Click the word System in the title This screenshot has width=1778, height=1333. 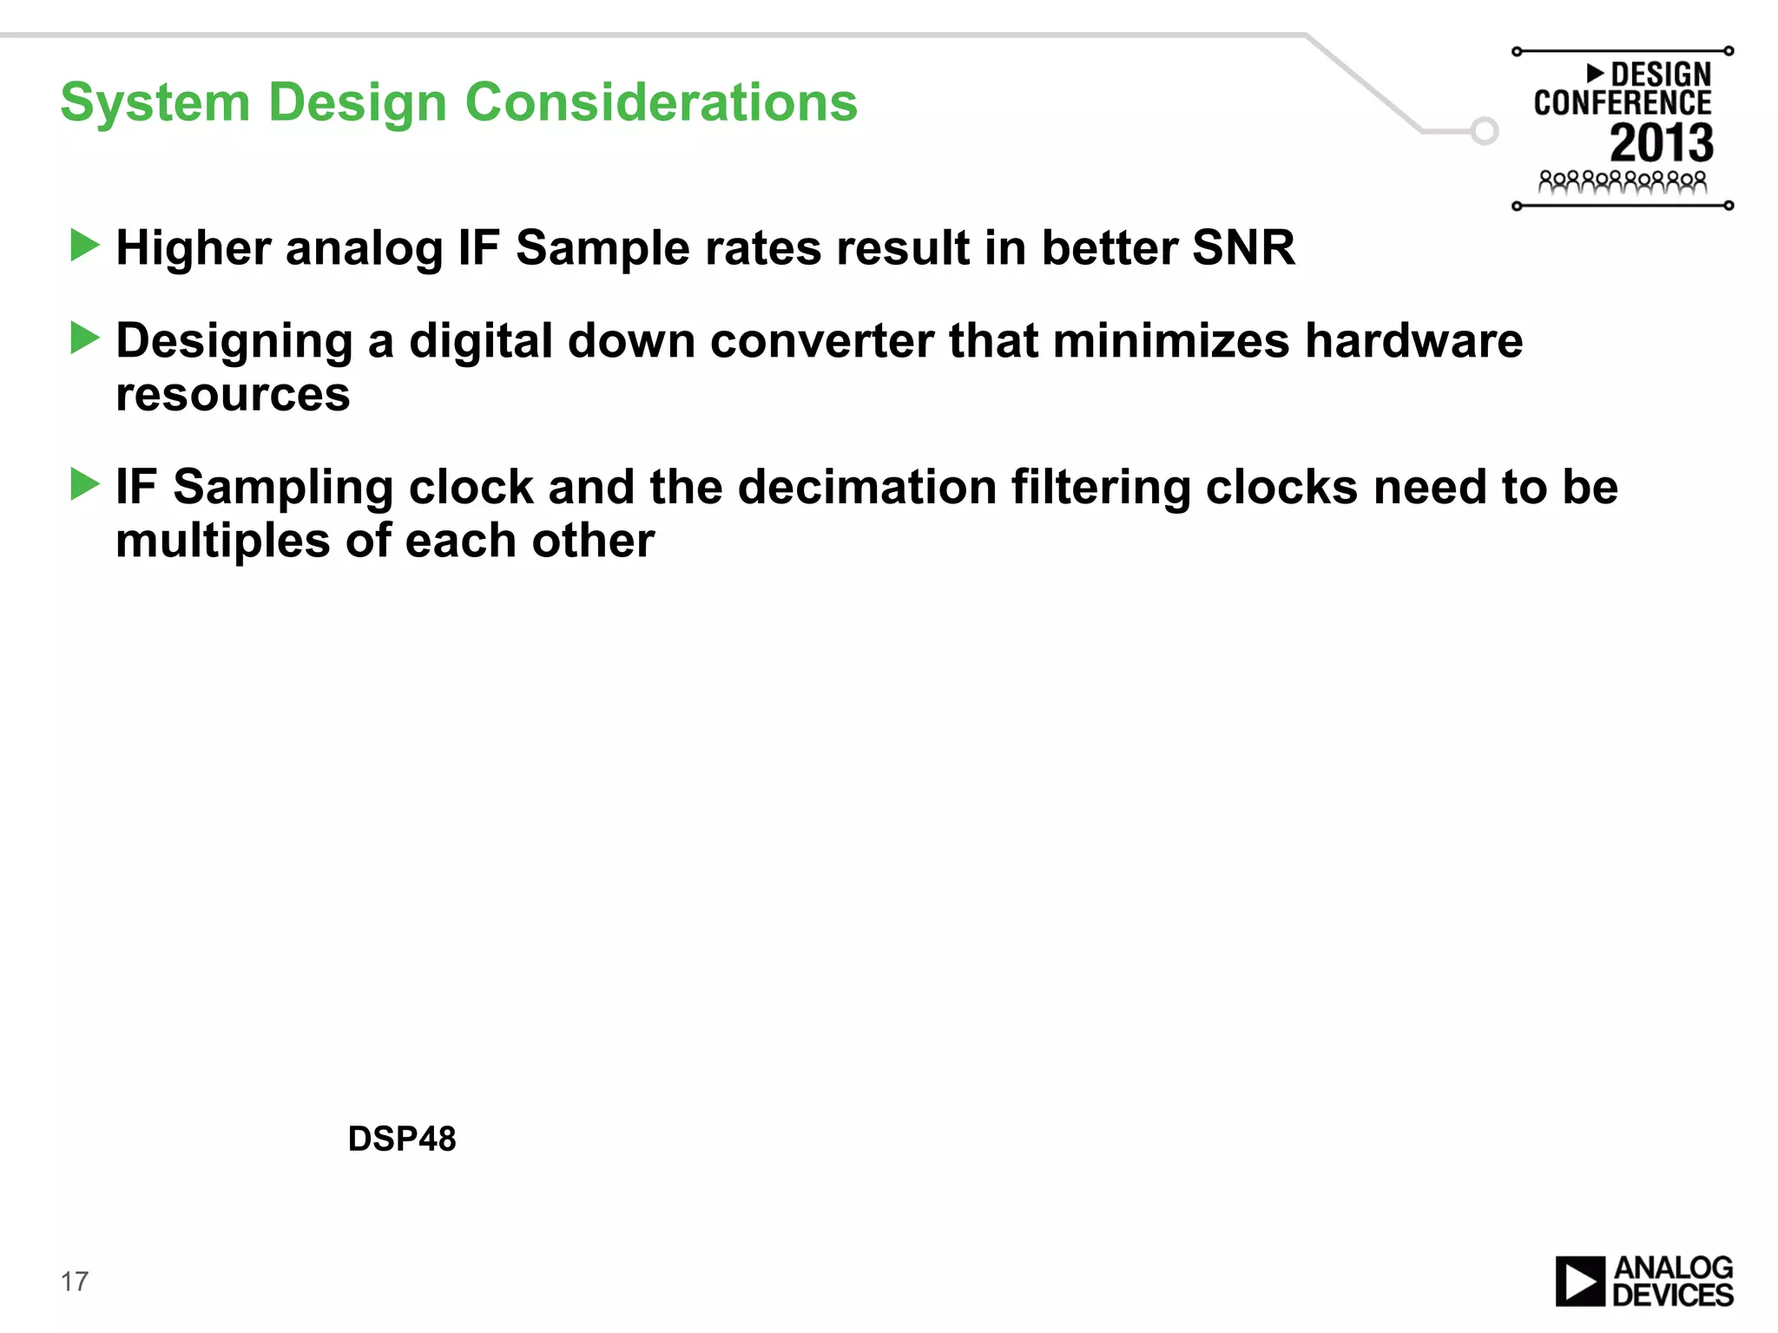155,102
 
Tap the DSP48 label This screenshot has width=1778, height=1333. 401,1139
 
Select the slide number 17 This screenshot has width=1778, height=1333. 75,1281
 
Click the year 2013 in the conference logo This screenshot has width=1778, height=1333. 1661,142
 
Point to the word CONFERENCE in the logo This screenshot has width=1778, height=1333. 1622,103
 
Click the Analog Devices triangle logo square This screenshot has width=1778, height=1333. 1580,1281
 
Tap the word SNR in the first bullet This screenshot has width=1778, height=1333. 1242,248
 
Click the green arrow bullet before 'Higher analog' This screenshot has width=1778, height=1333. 84,246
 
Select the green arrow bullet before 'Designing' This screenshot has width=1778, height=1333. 84,338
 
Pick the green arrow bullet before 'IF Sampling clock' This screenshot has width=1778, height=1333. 84,484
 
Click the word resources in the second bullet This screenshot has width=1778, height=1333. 233,395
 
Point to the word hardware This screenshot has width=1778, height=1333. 1413,340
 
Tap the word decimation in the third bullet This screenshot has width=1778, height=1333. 866,487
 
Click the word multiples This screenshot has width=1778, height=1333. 223,541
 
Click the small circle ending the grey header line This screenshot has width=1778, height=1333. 1485,131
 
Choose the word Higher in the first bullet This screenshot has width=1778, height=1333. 193,249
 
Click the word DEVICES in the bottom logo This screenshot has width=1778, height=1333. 1672,1296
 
